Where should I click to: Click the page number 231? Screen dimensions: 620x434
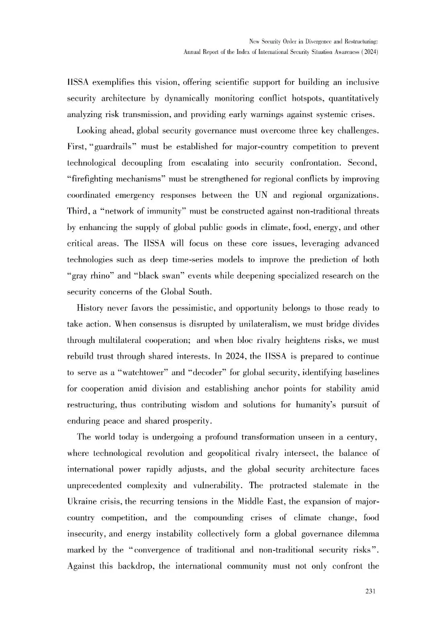370,591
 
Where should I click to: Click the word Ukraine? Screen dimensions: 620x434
81,502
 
